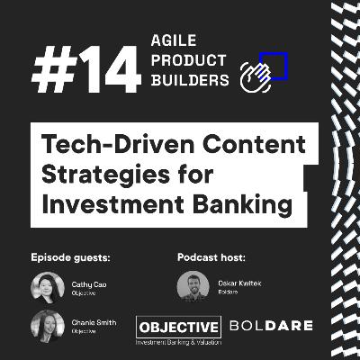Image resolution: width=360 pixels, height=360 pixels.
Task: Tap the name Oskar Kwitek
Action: pyautogui.click(x=235, y=283)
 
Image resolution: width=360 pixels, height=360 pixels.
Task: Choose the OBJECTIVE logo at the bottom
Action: pyautogui.click(x=178, y=327)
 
